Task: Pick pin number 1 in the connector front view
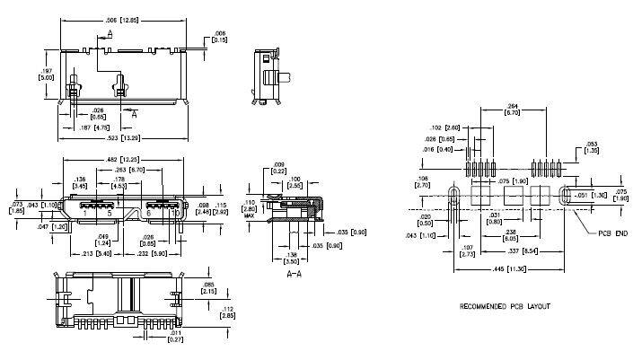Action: [87, 213]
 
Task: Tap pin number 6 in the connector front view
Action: [148, 213]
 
